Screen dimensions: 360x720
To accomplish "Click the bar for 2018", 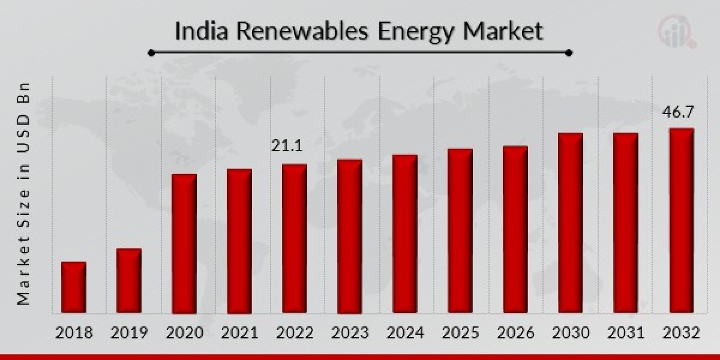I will (x=74, y=287).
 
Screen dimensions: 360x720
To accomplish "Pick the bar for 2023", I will (x=350, y=236).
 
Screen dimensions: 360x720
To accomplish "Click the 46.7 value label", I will (x=679, y=112).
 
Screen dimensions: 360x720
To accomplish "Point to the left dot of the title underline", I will (x=151, y=53).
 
